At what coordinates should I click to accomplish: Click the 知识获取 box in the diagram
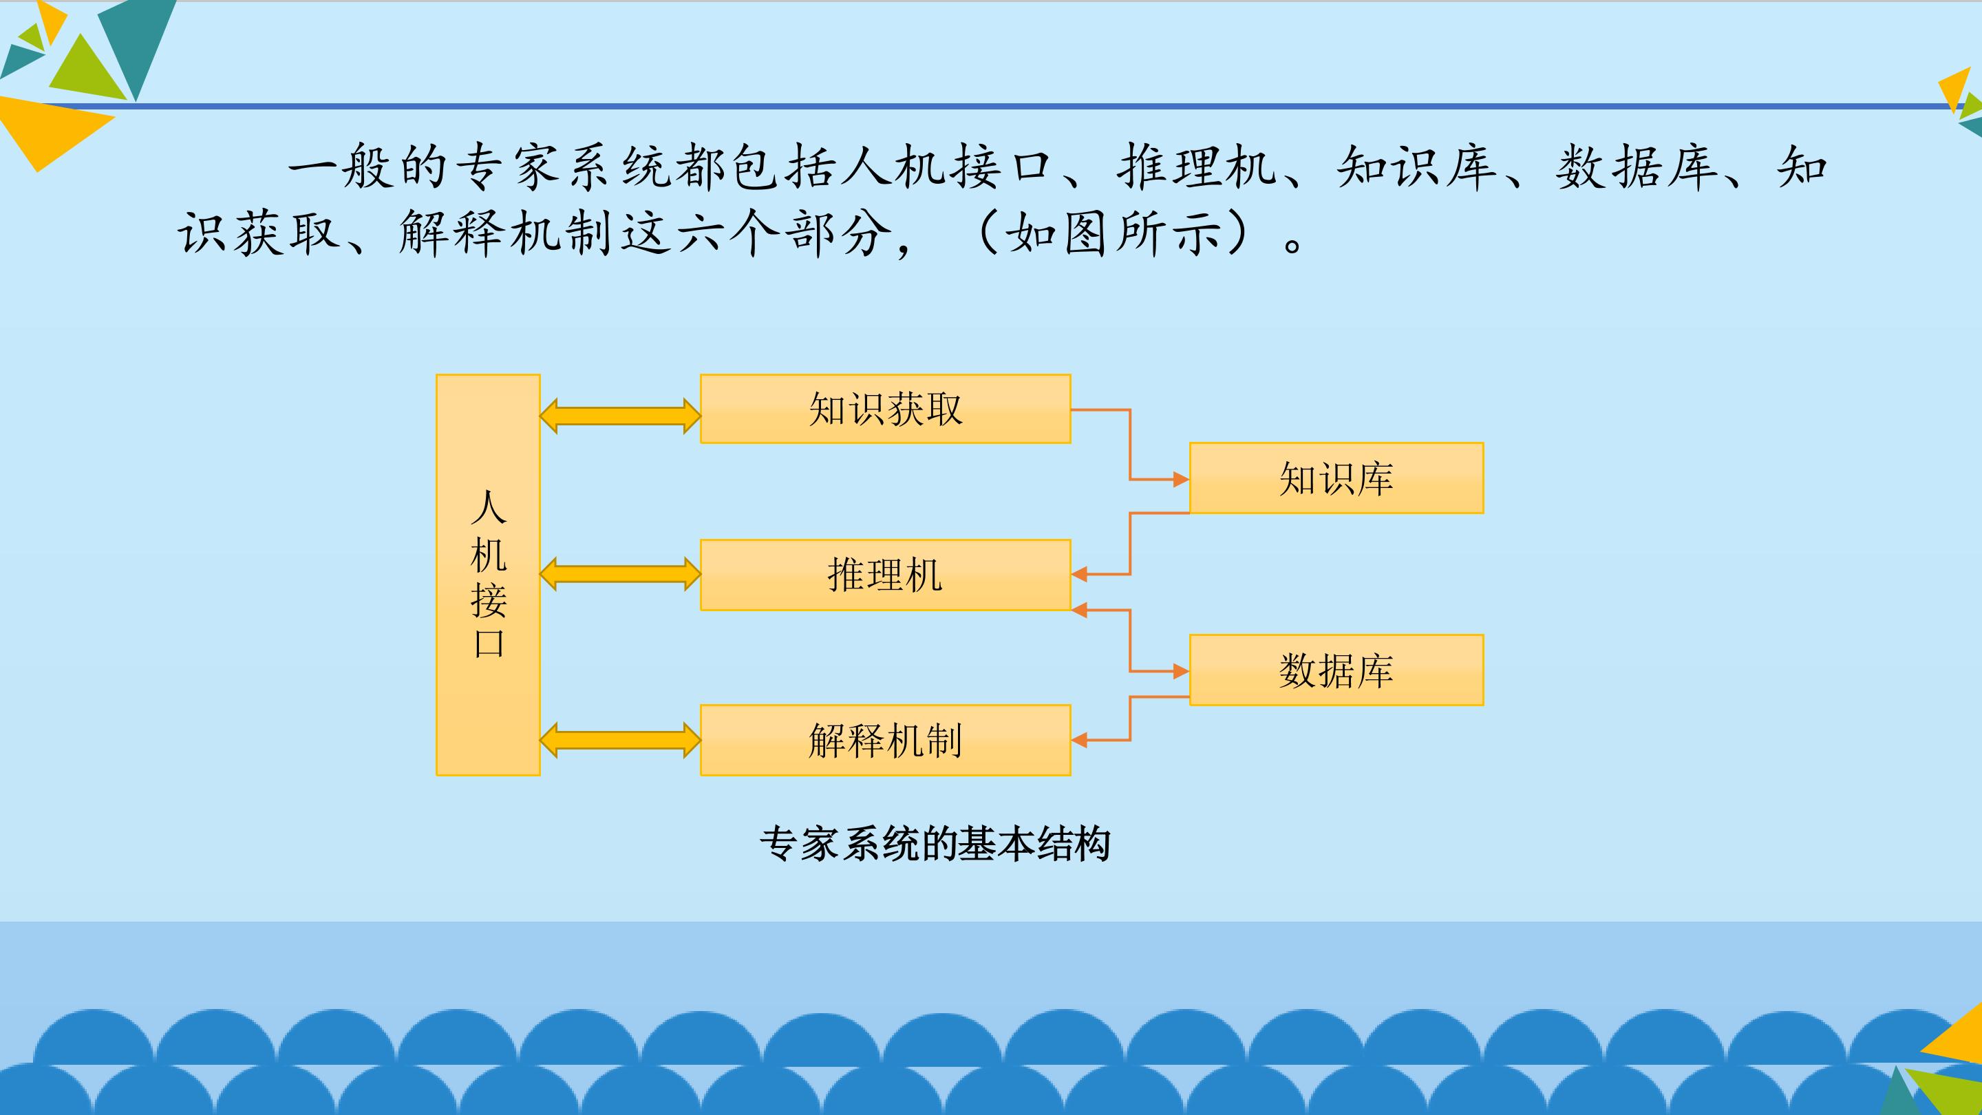[885, 409]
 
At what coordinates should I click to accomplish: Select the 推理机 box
[885, 575]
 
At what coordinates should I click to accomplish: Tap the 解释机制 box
[885, 741]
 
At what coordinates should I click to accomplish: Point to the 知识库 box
[1336, 478]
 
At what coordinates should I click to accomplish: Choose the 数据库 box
[1336, 670]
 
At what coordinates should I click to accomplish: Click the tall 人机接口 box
[488, 575]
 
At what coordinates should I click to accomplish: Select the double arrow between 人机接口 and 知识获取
[620, 416]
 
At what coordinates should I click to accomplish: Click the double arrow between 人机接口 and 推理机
[620, 575]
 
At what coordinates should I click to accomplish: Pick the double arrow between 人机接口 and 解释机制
[620, 741]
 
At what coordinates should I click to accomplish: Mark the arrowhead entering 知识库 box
[1181, 480]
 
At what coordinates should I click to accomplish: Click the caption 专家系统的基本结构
[935, 844]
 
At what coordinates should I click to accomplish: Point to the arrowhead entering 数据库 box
[1181, 672]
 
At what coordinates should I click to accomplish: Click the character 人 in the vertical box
[489, 508]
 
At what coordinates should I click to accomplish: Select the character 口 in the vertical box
[489, 644]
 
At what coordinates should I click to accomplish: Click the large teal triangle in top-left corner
[136, 42]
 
